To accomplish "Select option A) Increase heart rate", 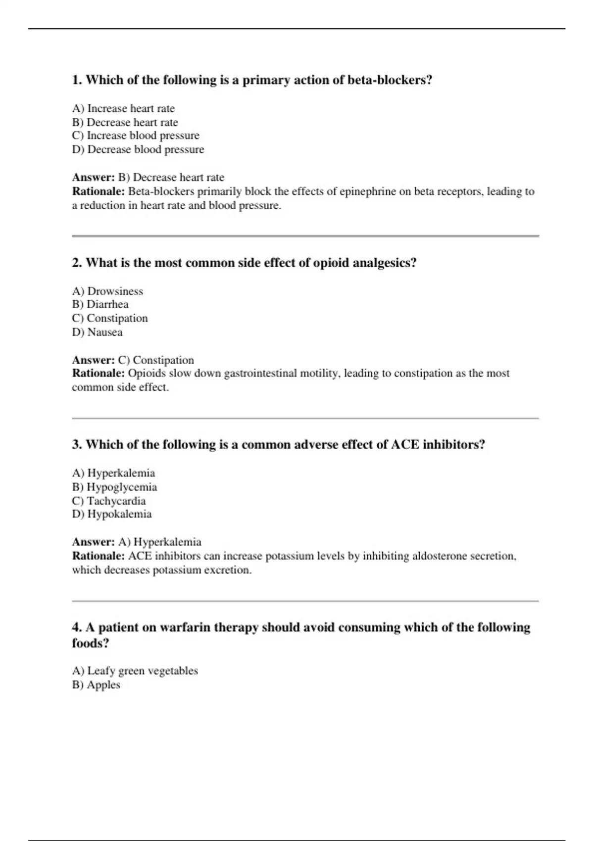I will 123,108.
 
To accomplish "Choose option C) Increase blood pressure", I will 136,136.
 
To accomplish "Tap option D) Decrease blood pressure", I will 138,149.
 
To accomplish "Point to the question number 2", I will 77,263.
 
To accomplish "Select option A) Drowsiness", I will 107,291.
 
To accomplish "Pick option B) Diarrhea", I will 100,304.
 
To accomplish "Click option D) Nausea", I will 97,332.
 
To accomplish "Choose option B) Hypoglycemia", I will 114,487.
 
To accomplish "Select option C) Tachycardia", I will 109,501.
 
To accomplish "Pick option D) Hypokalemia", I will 112,514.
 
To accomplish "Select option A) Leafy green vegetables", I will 135,671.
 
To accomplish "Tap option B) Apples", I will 96,685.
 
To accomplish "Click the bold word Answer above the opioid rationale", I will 93,360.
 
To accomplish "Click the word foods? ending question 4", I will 90,643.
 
